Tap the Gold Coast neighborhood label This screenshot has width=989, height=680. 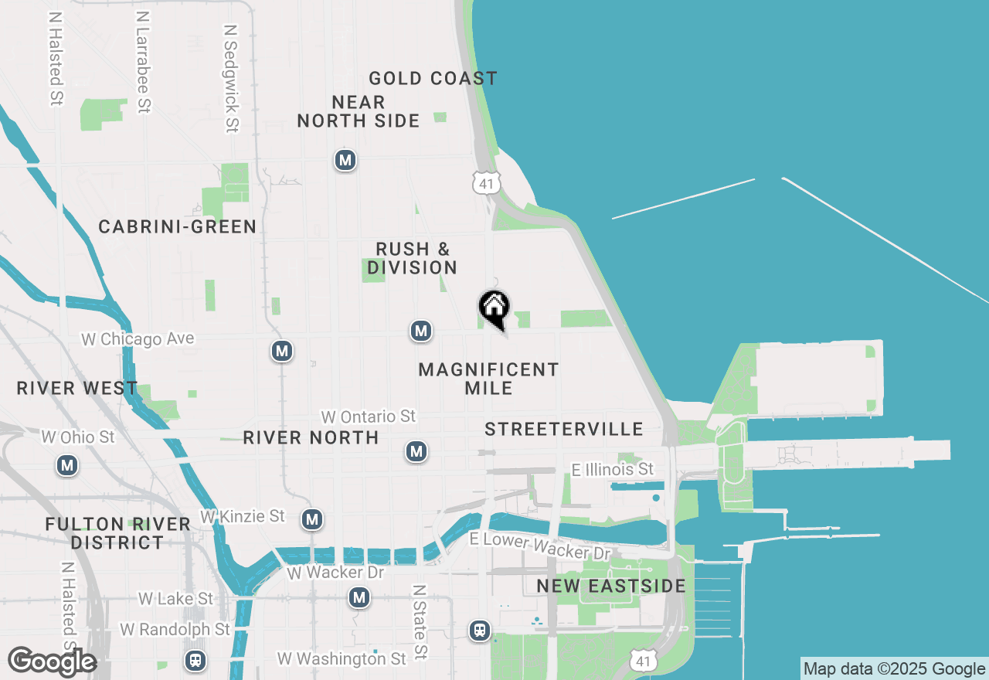pos(433,79)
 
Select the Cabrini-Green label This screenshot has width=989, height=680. pos(178,226)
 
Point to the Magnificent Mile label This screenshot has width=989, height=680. pos(488,379)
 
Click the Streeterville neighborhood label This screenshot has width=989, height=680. pos(564,430)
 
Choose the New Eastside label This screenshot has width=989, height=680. pos(611,586)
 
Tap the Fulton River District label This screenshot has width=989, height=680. pos(117,533)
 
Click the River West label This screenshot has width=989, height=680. pos(77,388)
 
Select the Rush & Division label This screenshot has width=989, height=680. pos(413,258)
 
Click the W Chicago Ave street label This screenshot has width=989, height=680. pos(138,339)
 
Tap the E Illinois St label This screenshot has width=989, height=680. pos(613,470)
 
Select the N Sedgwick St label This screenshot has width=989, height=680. pos(230,77)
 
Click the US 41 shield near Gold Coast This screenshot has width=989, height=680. pos(486,183)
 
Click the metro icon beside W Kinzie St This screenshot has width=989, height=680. pos(312,519)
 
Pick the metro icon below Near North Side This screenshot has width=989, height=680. pos(345,161)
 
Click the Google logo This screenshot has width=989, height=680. pos(52,662)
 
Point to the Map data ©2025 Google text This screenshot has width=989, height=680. pos(895,669)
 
